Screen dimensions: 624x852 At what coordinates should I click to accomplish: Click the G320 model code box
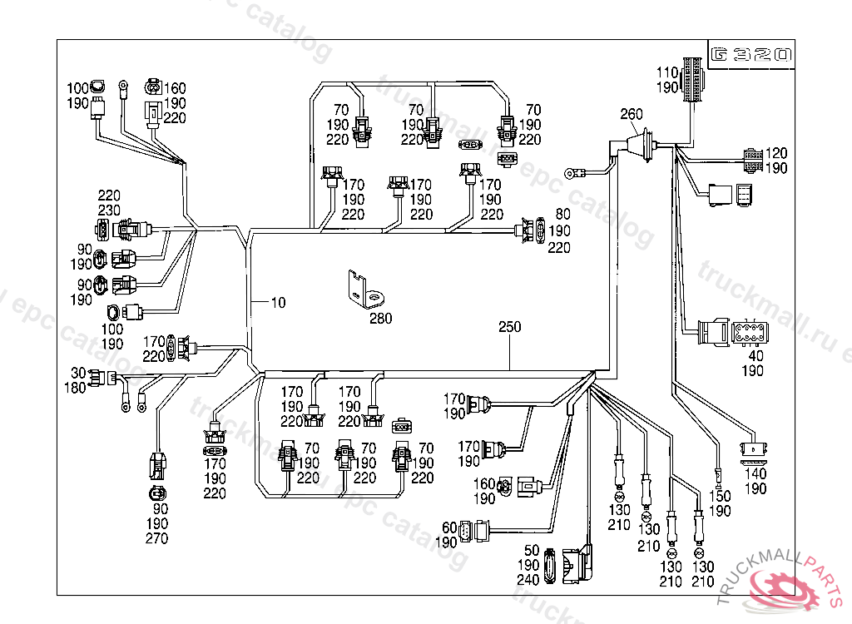click(x=750, y=55)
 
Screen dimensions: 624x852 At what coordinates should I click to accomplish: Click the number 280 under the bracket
click(x=380, y=318)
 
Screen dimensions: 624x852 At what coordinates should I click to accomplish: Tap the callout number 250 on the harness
click(x=509, y=327)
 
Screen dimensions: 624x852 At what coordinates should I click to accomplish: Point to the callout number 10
click(x=278, y=303)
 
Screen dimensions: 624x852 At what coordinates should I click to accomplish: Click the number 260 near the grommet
click(x=632, y=114)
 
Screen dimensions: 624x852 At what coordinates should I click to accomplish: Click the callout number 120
click(x=776, y=153)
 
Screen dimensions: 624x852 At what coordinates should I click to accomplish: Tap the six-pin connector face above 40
click(x=751, y=335)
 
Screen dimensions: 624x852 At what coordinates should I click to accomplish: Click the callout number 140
click(x=755, y=473)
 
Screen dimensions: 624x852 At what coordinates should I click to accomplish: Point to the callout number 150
click(x=720, y=497)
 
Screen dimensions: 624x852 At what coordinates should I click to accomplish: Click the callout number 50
click(x=532, y=551)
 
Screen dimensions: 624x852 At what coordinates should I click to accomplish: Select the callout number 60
click(x=450, y=527)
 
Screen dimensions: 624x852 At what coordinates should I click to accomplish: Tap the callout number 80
click(x=562, y=215)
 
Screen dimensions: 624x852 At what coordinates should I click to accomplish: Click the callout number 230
click(x=109, y=210)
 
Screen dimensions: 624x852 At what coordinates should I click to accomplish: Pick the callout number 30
click(x=78, y=373)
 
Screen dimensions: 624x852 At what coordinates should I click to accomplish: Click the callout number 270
click(x=156, y=538)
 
